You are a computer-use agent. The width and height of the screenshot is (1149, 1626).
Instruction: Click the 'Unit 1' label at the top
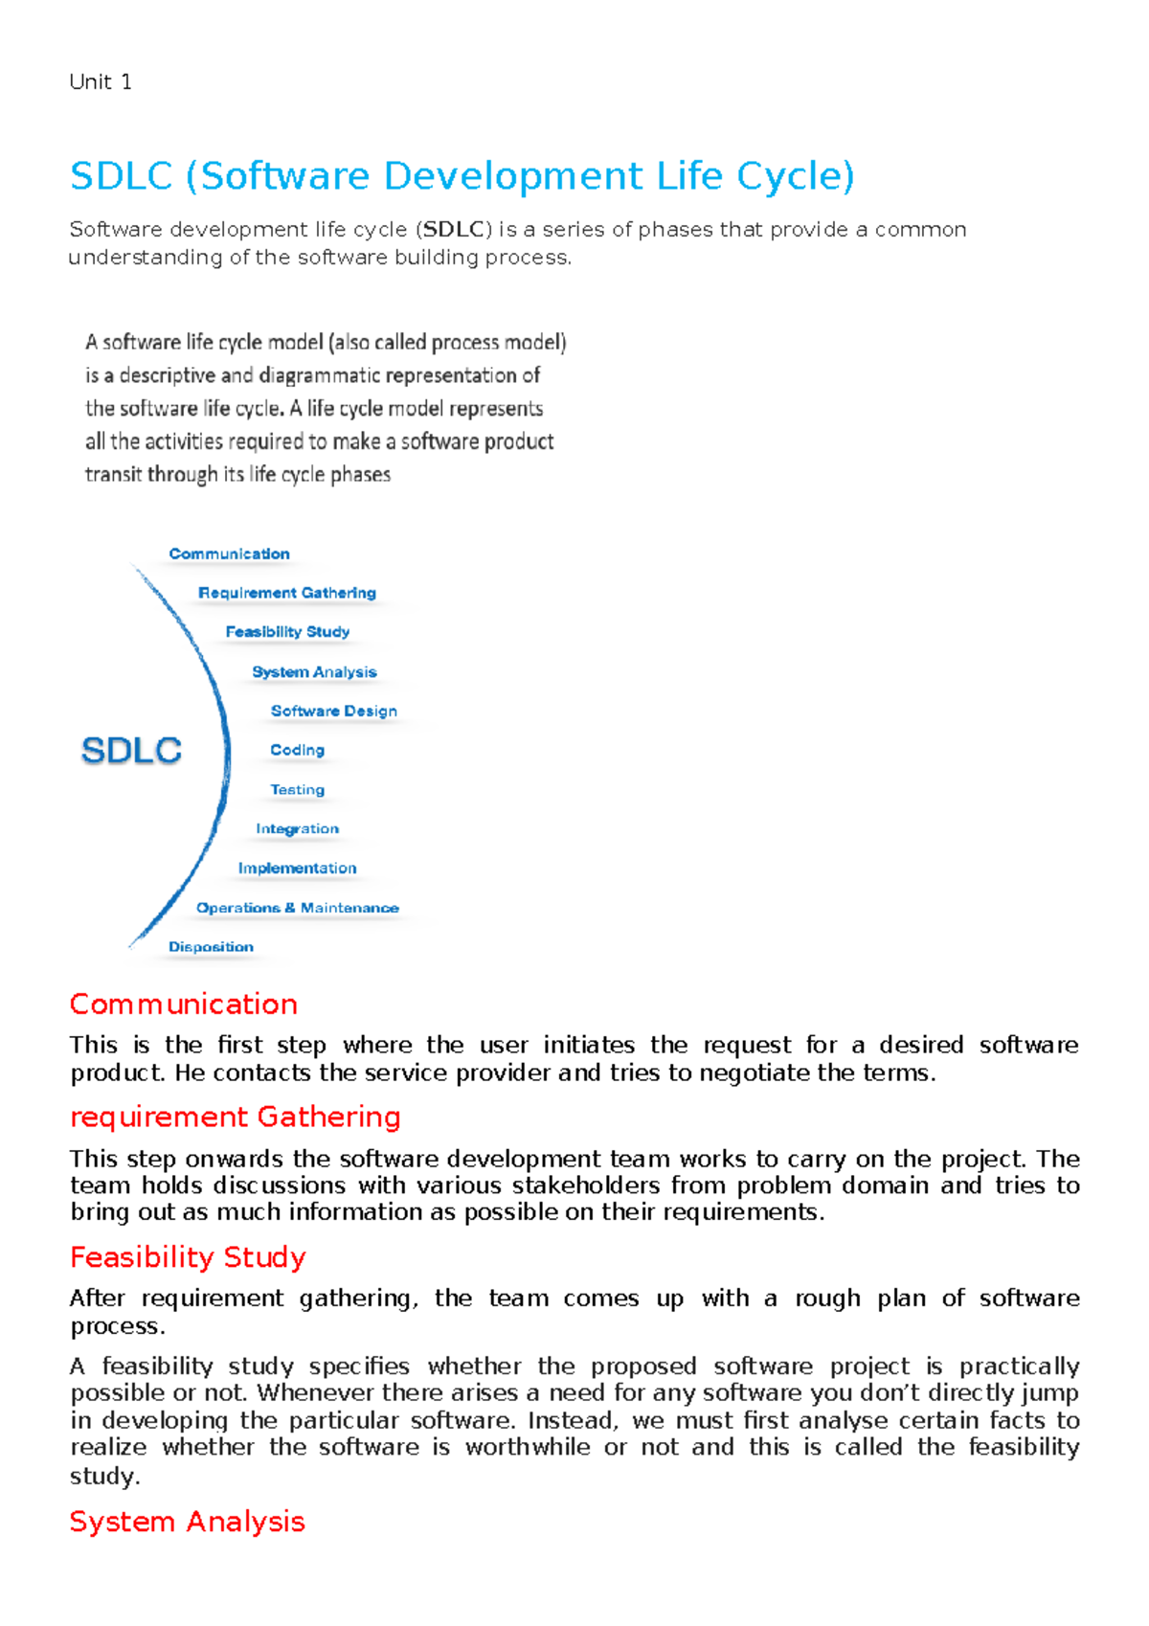tap(101, 82)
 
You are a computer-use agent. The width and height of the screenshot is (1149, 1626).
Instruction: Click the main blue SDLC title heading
tap(462, 176)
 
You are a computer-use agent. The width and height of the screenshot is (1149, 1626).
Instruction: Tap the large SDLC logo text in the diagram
tap(131, 750)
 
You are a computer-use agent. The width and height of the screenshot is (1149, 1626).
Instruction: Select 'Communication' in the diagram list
tap(229, 553)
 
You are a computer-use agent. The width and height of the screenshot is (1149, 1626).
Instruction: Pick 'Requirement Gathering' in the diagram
tap(286, 593)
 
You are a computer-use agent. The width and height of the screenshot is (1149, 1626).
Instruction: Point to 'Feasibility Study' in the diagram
tap(287, 632)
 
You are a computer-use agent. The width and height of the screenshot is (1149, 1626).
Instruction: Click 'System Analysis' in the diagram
tap(314, 672)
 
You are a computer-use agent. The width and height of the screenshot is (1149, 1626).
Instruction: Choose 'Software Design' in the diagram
tap(333, 711)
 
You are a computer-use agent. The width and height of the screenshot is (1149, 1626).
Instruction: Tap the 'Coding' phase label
tap(297, 750)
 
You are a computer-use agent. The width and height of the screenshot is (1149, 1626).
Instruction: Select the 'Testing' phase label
tap(297, 790)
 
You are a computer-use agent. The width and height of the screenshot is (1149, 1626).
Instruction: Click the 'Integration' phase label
tap(297, 828)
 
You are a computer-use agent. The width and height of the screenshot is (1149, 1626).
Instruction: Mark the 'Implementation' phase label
tap(297, 868)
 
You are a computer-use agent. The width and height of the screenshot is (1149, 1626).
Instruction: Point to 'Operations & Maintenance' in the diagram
tap(297, 908)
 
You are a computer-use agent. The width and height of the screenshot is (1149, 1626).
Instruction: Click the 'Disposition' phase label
tap(211, 947)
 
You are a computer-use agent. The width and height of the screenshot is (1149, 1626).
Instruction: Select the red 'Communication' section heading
tap(183, 1005)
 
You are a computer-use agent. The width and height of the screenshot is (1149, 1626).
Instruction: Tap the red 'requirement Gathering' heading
tap(235, 1117)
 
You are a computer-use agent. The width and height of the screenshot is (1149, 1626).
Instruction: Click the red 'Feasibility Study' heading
tap(188, 1257)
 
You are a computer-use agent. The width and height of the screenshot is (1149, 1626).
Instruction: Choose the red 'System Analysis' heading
tap(187, 1522)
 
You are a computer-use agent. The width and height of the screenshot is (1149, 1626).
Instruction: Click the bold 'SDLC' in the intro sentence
tap(453, 230)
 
